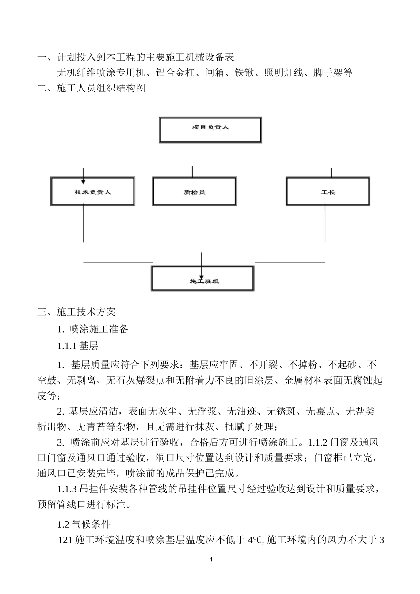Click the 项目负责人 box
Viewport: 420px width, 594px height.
[210, 129]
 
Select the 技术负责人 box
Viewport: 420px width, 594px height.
[93, 191]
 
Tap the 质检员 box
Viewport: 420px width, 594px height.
[194, 191]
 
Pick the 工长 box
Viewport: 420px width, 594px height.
[328, 191]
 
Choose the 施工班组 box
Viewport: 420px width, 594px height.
[203, 278]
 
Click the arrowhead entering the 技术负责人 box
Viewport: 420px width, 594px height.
[83, 181]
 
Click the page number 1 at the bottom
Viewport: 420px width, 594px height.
[211, 560]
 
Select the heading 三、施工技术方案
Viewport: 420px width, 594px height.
[76, 312]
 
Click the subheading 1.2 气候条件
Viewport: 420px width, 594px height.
[84, 524]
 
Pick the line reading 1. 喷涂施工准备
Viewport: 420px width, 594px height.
[93, 329]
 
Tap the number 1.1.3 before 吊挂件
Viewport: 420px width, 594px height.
[67, 489]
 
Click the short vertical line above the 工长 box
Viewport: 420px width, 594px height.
[331, 172]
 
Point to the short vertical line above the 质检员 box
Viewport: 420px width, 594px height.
[192, 171]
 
